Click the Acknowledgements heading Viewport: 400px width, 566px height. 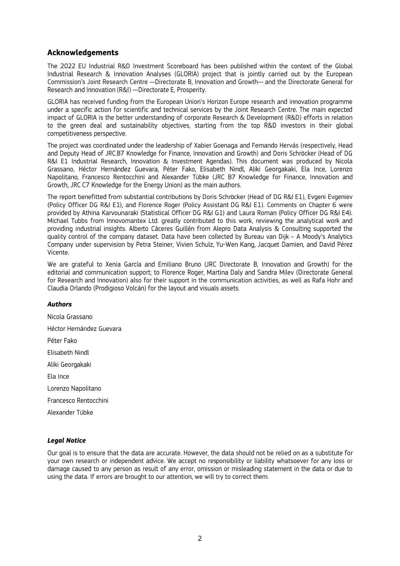pos(83,53)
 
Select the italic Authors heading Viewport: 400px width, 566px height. pos(59,304)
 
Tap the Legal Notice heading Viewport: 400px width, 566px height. pos(67,441)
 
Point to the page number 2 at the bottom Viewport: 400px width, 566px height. pos(200,538)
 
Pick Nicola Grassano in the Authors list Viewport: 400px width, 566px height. pos(70,317)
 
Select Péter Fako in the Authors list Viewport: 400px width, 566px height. pos(62,341)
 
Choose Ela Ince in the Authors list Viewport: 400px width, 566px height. pos(58,377)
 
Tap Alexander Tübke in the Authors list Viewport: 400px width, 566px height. pos(70,413)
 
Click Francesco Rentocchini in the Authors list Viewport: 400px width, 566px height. pos(78,401)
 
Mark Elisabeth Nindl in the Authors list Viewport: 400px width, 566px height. pos(68,353)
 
